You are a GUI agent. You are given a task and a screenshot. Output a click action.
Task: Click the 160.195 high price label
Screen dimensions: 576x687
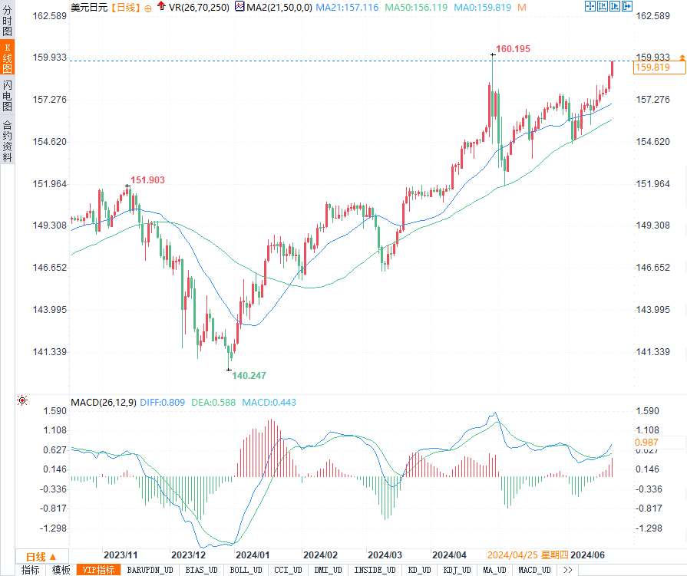[513, 49]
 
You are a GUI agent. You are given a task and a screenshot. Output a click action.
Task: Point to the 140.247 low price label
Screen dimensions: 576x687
[249, 375]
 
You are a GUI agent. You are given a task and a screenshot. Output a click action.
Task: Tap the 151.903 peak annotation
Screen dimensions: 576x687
[147, 179]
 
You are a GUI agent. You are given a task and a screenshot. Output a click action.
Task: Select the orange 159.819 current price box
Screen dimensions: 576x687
[652, 67]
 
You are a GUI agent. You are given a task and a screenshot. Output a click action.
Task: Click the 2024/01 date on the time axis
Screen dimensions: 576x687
[253, 555]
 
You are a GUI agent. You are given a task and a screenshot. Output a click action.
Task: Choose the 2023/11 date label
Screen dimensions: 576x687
[121, 555]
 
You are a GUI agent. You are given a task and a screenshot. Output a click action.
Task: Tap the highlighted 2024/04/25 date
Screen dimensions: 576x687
[513, 555]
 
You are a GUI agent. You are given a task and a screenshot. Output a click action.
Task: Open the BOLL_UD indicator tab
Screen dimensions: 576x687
[246, 570]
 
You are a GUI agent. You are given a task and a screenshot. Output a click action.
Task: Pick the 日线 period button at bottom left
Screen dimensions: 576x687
[35, 556]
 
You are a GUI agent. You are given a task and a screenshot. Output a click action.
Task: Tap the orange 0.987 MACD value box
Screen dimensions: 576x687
[649, 443]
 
